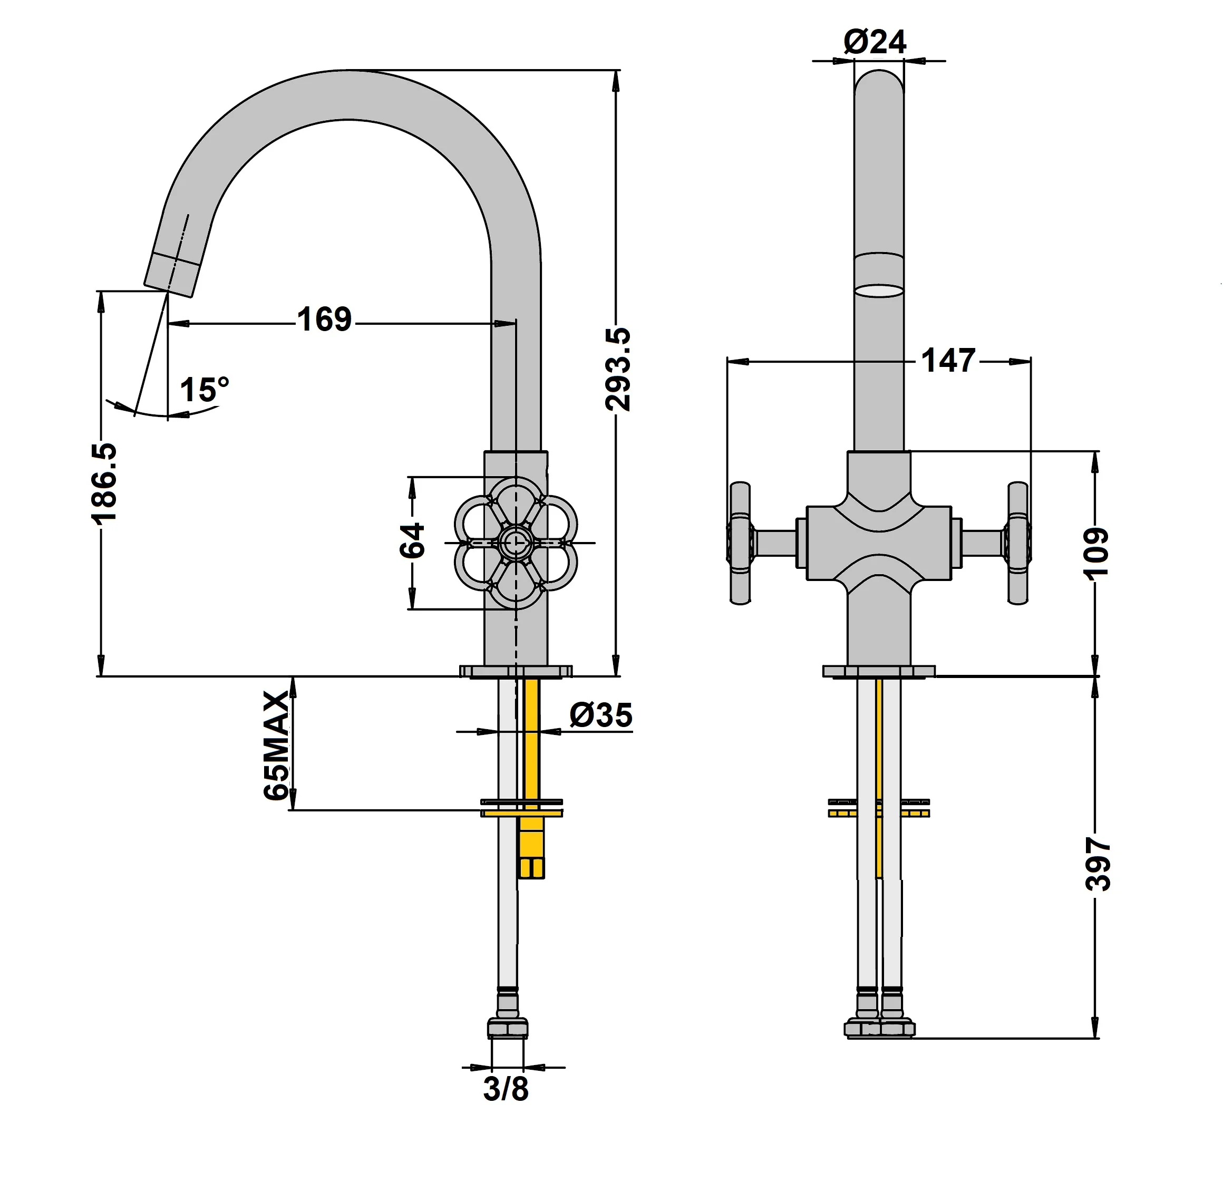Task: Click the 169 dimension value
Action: pos(324,320)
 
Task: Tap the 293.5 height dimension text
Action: pos(618,370)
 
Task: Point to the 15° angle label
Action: pos(204,390)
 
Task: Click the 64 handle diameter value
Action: pos(412,540)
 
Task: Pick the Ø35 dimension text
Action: pos(601,715)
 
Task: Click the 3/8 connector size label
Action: pos(506,1089)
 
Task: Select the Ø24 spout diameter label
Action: pos(875,43)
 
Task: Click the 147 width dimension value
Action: pos(948,361)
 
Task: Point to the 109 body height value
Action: pos(1097,553)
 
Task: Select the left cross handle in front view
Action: pos(740,543)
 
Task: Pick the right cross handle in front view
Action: pos(1018,543)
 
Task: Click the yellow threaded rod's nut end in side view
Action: pos(531,868)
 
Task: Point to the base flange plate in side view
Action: pos(516,671)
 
